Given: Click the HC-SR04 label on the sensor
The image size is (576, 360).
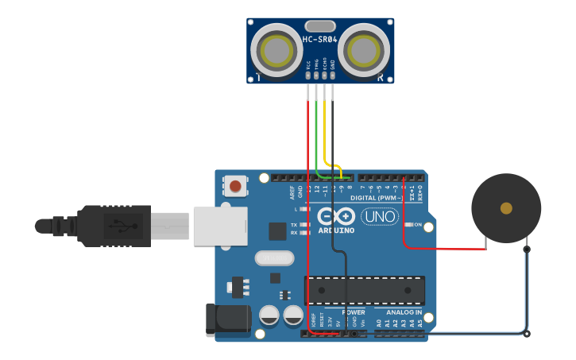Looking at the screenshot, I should coord(320,39).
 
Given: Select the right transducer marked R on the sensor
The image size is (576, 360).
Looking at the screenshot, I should coord(365,50).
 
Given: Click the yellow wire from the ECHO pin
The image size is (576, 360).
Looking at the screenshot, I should coord(324,127).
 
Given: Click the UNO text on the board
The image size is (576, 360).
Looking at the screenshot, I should coord(380,216).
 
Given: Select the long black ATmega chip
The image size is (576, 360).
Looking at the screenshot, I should coord(365,290).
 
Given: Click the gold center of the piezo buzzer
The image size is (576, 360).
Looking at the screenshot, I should coord(506,208).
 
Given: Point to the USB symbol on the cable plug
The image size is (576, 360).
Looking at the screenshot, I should coord(120,226).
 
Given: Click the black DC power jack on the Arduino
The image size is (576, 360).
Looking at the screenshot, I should coord(226,318).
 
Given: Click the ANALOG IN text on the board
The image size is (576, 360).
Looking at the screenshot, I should coord(404,313).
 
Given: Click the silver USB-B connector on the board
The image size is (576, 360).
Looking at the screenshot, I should coord(215,225).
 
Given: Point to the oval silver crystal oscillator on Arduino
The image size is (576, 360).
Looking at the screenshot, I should coord(274,258).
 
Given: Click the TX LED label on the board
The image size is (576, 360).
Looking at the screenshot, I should coord(293,225).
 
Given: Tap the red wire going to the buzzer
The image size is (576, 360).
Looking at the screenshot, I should coord(445,248).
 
